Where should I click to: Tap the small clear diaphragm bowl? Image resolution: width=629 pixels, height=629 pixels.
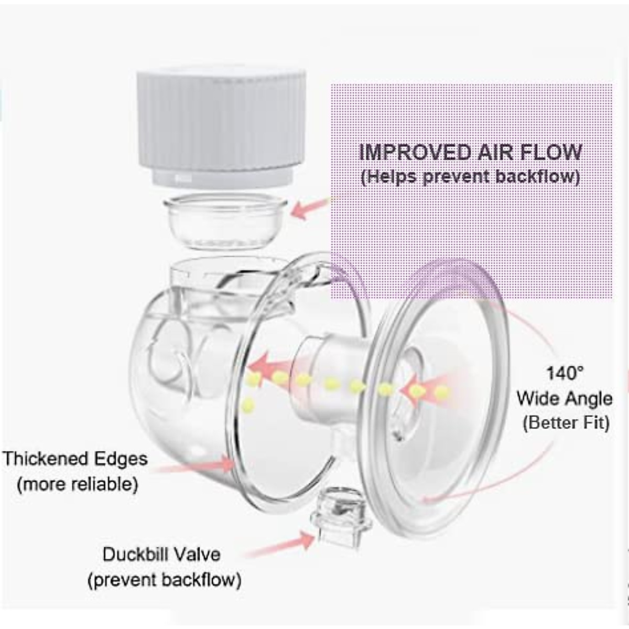click(x=225, y=220)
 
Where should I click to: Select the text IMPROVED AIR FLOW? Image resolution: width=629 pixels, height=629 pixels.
click(x=471, y=152)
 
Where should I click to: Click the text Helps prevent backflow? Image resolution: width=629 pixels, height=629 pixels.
click(x=471, y=176)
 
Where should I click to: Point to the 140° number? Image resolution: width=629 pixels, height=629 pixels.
click(x=565, y=373)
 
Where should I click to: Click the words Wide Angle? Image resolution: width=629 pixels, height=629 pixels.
click(x=564, y=398)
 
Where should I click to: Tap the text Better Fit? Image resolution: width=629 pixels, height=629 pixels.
click(x=566, y=422)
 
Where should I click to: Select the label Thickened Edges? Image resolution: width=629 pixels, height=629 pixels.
click(x=75, y=459)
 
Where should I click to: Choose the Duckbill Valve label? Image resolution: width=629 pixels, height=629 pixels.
click(x=161, y=555)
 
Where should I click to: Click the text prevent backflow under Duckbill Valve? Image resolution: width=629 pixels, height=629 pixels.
click(x=165, y=580)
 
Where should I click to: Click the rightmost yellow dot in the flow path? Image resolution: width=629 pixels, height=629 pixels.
click(x=442, y=391)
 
